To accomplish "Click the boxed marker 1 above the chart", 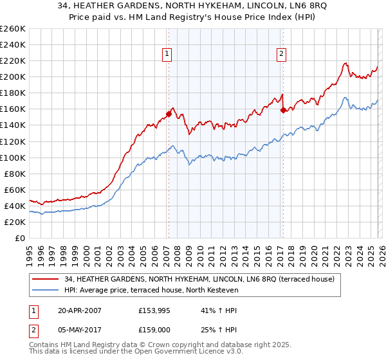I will coord(167,55).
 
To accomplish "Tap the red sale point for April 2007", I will coord(169,114).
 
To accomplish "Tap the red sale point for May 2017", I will coord(283,110).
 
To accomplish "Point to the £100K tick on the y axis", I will coord(13,157).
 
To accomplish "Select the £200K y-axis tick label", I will coord(13,76).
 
